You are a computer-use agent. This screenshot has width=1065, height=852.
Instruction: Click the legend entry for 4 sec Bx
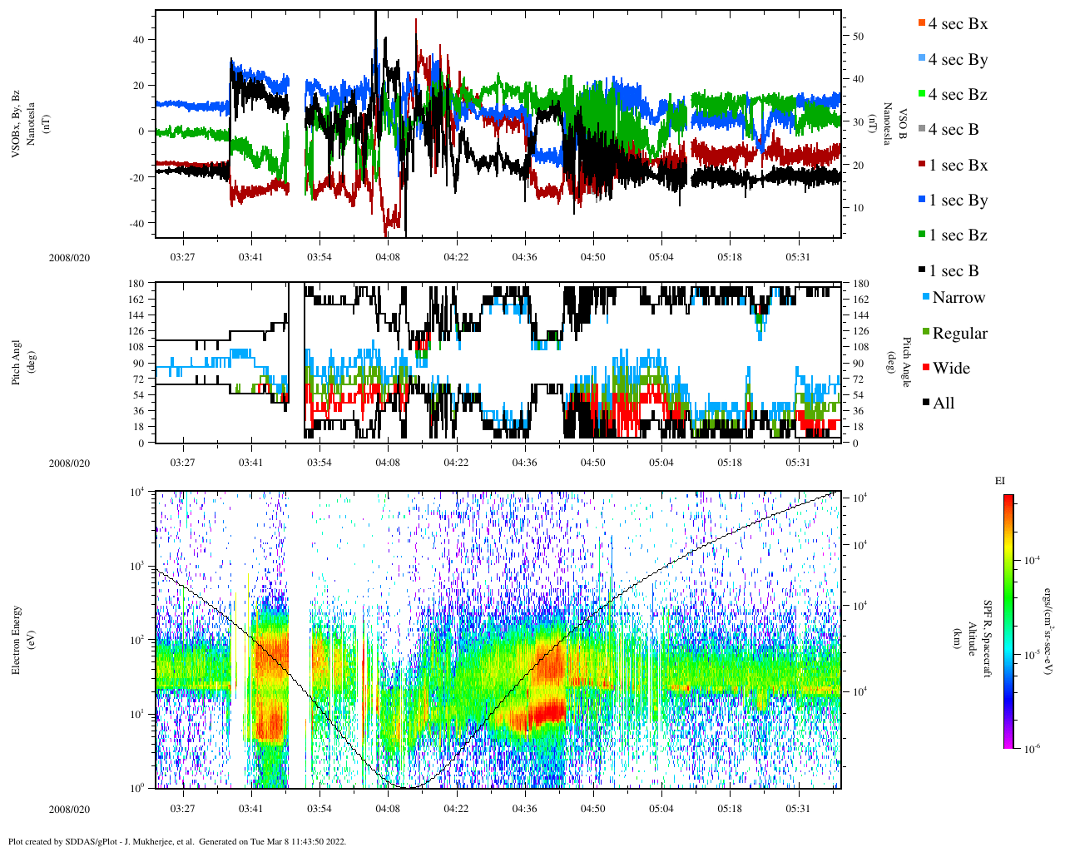click(x=957, y=24)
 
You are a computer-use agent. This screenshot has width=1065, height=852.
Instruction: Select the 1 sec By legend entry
click(x=957, y=201)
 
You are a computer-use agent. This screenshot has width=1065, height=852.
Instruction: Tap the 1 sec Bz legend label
click(x=957, y=235)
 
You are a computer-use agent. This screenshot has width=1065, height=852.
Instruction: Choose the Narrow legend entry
click(x=958, y=298)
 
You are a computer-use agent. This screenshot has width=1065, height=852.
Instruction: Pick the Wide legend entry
click(x=950, y=369)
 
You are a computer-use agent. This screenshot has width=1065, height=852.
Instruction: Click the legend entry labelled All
click(x=943, y=404)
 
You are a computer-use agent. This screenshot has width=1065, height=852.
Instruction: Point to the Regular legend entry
click(x=958, y=334)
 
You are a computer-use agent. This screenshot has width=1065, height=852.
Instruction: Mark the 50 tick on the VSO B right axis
click(x=858, y=37)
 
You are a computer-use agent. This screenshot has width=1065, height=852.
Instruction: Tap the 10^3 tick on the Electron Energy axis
click(x=138, y=566)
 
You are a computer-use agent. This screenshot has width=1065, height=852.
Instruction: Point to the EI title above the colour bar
click(x=1000, y=481)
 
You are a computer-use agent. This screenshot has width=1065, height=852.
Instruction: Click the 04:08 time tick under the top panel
click(x=388, y=257)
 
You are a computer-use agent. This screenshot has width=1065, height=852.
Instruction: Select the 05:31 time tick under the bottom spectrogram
click(x=798, y=809)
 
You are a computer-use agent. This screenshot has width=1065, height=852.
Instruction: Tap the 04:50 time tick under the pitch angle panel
click(x=592, y=463)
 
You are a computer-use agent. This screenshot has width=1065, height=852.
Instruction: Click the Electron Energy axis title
click(x=17, y=639)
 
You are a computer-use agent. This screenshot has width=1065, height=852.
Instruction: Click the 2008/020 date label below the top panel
click(x=69, y=258)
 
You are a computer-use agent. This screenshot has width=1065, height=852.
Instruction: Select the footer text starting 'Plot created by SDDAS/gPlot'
click(x=177, y=841)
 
